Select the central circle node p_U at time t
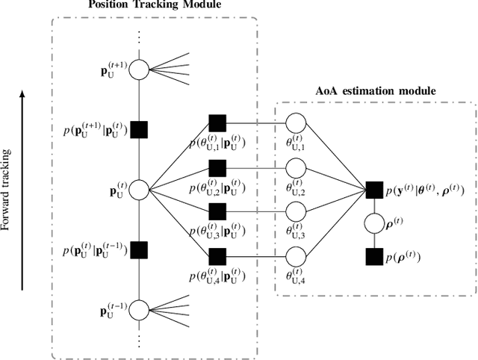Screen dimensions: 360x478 point(139,190)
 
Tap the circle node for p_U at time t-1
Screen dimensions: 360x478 point(139,309)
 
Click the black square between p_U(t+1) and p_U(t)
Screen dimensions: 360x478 point(139,129)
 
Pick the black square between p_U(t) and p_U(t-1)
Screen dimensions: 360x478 point(139,249)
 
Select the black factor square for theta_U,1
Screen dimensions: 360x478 point(217,122)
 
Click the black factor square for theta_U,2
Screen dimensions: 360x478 point(217,167)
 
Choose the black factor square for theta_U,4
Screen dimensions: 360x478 point(217,257)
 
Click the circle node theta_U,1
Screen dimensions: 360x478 point(297,122)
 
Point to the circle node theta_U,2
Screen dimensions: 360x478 point(297,167)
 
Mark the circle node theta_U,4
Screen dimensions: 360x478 point(297,257)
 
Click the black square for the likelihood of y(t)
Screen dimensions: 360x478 point(375,190)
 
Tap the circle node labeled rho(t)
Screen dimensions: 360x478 point(375,223)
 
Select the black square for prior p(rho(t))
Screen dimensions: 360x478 point(375,257)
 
